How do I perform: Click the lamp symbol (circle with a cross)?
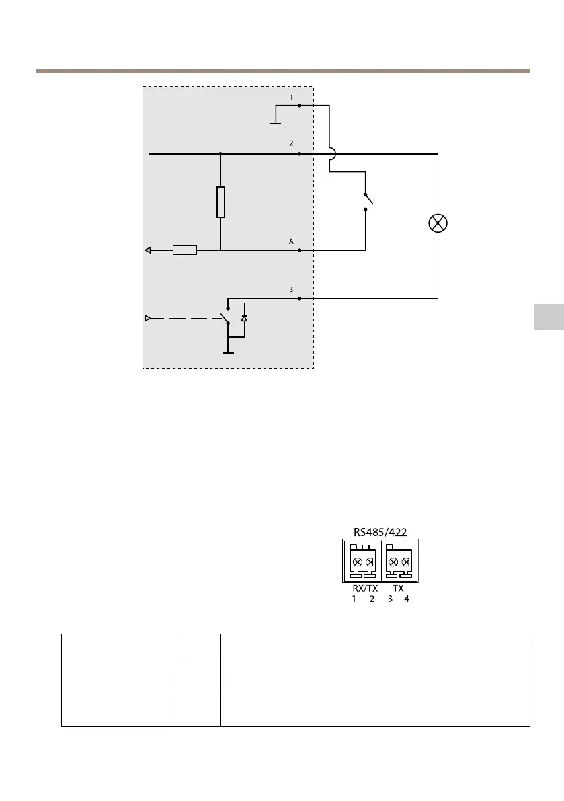438,224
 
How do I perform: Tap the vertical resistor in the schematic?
220,202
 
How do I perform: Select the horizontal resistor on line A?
185,250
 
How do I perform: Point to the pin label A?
291,240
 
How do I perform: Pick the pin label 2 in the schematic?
291,143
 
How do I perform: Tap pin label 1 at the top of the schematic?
291,98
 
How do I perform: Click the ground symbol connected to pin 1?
276,123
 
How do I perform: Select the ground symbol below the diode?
229,351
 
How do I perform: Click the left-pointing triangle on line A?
147,250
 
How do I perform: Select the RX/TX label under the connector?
364,588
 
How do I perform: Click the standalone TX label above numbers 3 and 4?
398,588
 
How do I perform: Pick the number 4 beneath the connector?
406,599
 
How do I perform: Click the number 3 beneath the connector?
390,599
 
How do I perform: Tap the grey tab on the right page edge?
549,317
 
